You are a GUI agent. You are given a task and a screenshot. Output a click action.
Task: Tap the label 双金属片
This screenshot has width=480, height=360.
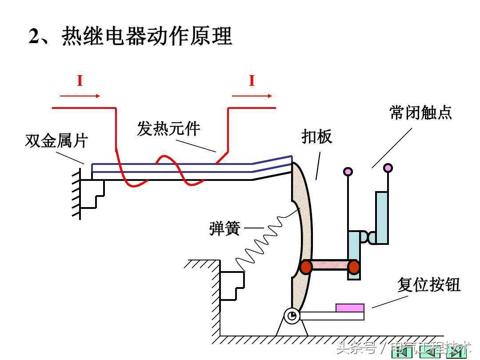pyautogui.click(x=56, y=141)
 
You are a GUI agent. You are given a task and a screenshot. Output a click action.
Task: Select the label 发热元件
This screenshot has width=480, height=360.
pyautogui.click(x=168, y=129)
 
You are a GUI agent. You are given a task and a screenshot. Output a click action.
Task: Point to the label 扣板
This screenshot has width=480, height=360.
pyautogui.click(x=317, y=137)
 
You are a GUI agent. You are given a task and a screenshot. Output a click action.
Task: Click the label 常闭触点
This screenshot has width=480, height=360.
pyautogui.click(x=420, y=112)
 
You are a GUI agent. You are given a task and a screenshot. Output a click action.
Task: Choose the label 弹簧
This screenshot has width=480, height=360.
pyautogui.click(x=224, y=229)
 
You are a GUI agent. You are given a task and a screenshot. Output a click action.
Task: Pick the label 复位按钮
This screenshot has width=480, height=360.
pyautogui.click(x=428, y=285)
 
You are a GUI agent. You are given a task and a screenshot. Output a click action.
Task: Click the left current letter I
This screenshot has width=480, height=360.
pyautogui.click(x=80, y=81)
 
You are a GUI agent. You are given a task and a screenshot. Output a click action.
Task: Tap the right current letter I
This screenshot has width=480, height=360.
pyautogui.click(x=252, y=81)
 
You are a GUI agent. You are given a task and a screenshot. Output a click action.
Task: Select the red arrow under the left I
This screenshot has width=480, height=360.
pyautogui.click(x=80, y=96)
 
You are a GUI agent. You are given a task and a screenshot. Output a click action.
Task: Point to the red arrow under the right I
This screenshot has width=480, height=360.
pyautogui.click(x=252, y=96)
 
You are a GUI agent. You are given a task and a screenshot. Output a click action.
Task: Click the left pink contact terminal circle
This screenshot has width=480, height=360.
pyautogui.click(x=348, y=171)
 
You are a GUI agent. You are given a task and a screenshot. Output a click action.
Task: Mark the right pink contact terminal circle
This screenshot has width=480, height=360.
pyautogui.click(x=388, y=168)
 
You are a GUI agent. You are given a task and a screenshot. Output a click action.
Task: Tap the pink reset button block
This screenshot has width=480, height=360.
pyautogui.click(x=350, y=308)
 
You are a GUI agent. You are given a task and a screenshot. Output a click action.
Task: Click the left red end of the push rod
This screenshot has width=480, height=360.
pyautogui.click(x=306, y=267)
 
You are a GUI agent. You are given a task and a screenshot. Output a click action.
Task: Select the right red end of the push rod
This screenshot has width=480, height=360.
pyautogui.click(x=353, y=267)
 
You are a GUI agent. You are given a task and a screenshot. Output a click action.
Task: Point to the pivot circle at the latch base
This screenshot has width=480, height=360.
pyautogui.click(x=292, y=316)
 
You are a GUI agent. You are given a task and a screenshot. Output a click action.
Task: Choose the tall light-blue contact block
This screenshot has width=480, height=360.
pyautogui.click(x=382, y=217)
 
